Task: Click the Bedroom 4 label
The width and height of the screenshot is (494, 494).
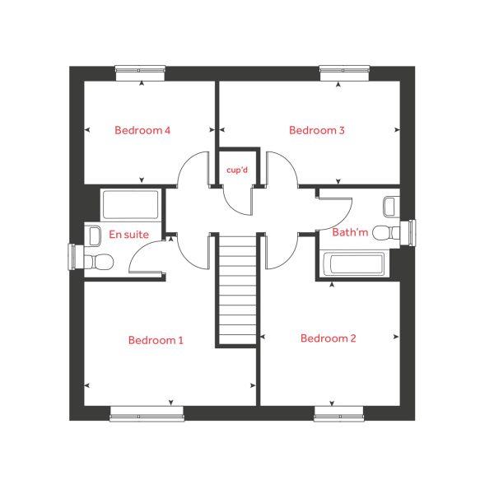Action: [142, 130]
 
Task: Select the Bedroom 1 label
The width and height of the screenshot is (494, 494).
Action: [156, 340]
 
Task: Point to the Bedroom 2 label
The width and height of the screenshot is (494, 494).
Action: [329, 338]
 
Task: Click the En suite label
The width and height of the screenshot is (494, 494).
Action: [128, 235]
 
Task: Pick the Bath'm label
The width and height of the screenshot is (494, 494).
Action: [348, 233]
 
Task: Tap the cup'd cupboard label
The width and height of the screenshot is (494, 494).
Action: [238, 170]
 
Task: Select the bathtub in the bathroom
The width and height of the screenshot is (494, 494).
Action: [352, 265]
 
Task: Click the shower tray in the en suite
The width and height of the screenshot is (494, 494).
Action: [131, 203]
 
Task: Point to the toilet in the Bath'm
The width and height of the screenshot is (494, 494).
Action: [384, 233]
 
